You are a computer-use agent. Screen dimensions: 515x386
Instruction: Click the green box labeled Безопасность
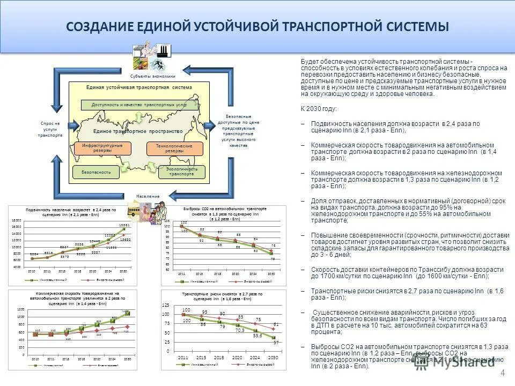click(x=96, y=172)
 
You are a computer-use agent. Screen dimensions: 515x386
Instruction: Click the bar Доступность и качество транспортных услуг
click(x=139, y=105)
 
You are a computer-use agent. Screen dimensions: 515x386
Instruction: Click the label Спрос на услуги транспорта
click(x=50, y=129)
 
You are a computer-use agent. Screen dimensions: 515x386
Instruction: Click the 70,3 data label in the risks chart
click(x=239, y=331)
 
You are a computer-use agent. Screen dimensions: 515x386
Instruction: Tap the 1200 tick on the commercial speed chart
click(x=20, y=310)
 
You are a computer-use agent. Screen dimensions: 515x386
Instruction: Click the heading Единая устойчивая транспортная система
click(x=139, y=87)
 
